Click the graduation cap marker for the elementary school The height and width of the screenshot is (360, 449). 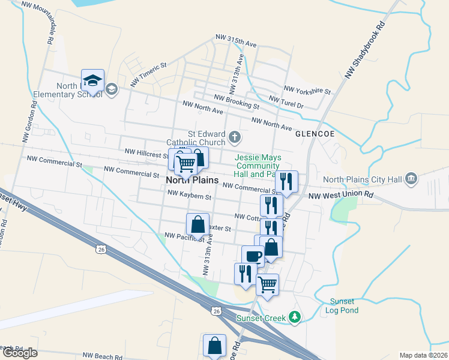coord(93,81)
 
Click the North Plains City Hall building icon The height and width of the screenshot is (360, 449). coord(411,178)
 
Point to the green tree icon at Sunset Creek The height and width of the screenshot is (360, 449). coord(294,317)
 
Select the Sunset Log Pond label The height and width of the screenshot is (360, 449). coord(344,306)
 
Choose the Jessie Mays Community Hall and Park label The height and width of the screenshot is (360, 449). coord(258,166)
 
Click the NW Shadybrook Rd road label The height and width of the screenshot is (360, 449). coord(364,52)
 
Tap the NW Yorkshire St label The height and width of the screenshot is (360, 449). coord(307,90)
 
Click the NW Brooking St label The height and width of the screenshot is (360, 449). coord(236,101)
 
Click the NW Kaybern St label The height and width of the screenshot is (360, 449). coord(189,195)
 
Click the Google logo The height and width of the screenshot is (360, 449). coord(19,353)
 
